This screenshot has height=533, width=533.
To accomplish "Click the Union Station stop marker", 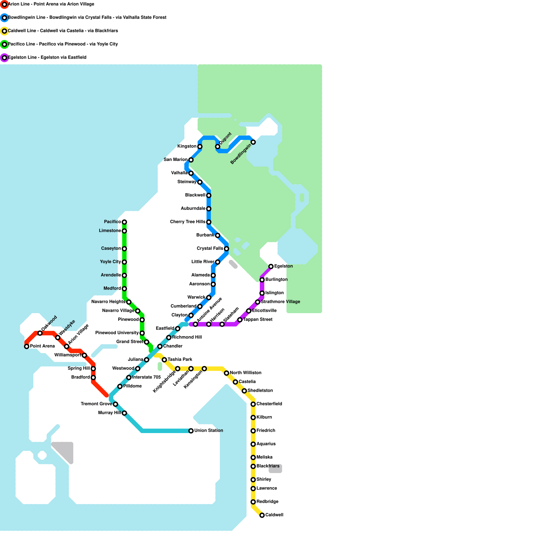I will (x=191, y=431).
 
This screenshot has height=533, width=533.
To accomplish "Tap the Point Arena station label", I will (x=42, y=346).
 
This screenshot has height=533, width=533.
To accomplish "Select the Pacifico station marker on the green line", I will (x=124, y=222).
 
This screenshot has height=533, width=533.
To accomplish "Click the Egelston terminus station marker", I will (x=271, y=266).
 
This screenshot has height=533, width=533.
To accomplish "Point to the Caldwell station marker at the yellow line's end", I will (x=262, y=515).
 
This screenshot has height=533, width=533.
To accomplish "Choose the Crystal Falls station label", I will (x=210, y=249).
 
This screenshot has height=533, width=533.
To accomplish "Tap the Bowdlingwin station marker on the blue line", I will (x=253, y=142).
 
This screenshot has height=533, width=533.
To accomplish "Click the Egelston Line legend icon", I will (x=4, y=58).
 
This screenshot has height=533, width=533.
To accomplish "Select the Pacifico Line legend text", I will (x=63, y=44).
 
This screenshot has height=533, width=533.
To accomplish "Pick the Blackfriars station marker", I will (x=253, y=466).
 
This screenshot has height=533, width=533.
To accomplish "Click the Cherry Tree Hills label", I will (x=188, y=222).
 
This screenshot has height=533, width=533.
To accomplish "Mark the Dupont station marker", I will (x=218, y=147).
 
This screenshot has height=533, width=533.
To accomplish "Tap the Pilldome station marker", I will (x=120, y=386).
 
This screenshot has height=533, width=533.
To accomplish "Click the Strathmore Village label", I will (x=280, y=302).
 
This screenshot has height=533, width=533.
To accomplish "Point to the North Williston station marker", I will (x=227, y=373).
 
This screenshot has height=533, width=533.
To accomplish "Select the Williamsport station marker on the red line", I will (x=84, y=355).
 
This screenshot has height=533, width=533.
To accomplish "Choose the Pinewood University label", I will (x=117, y=333).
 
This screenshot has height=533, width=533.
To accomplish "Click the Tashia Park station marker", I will (x=164, y=360).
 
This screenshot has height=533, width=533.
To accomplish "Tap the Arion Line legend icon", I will (x=4, y=4).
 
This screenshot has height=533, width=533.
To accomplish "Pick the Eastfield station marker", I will (x=178, y=329).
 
